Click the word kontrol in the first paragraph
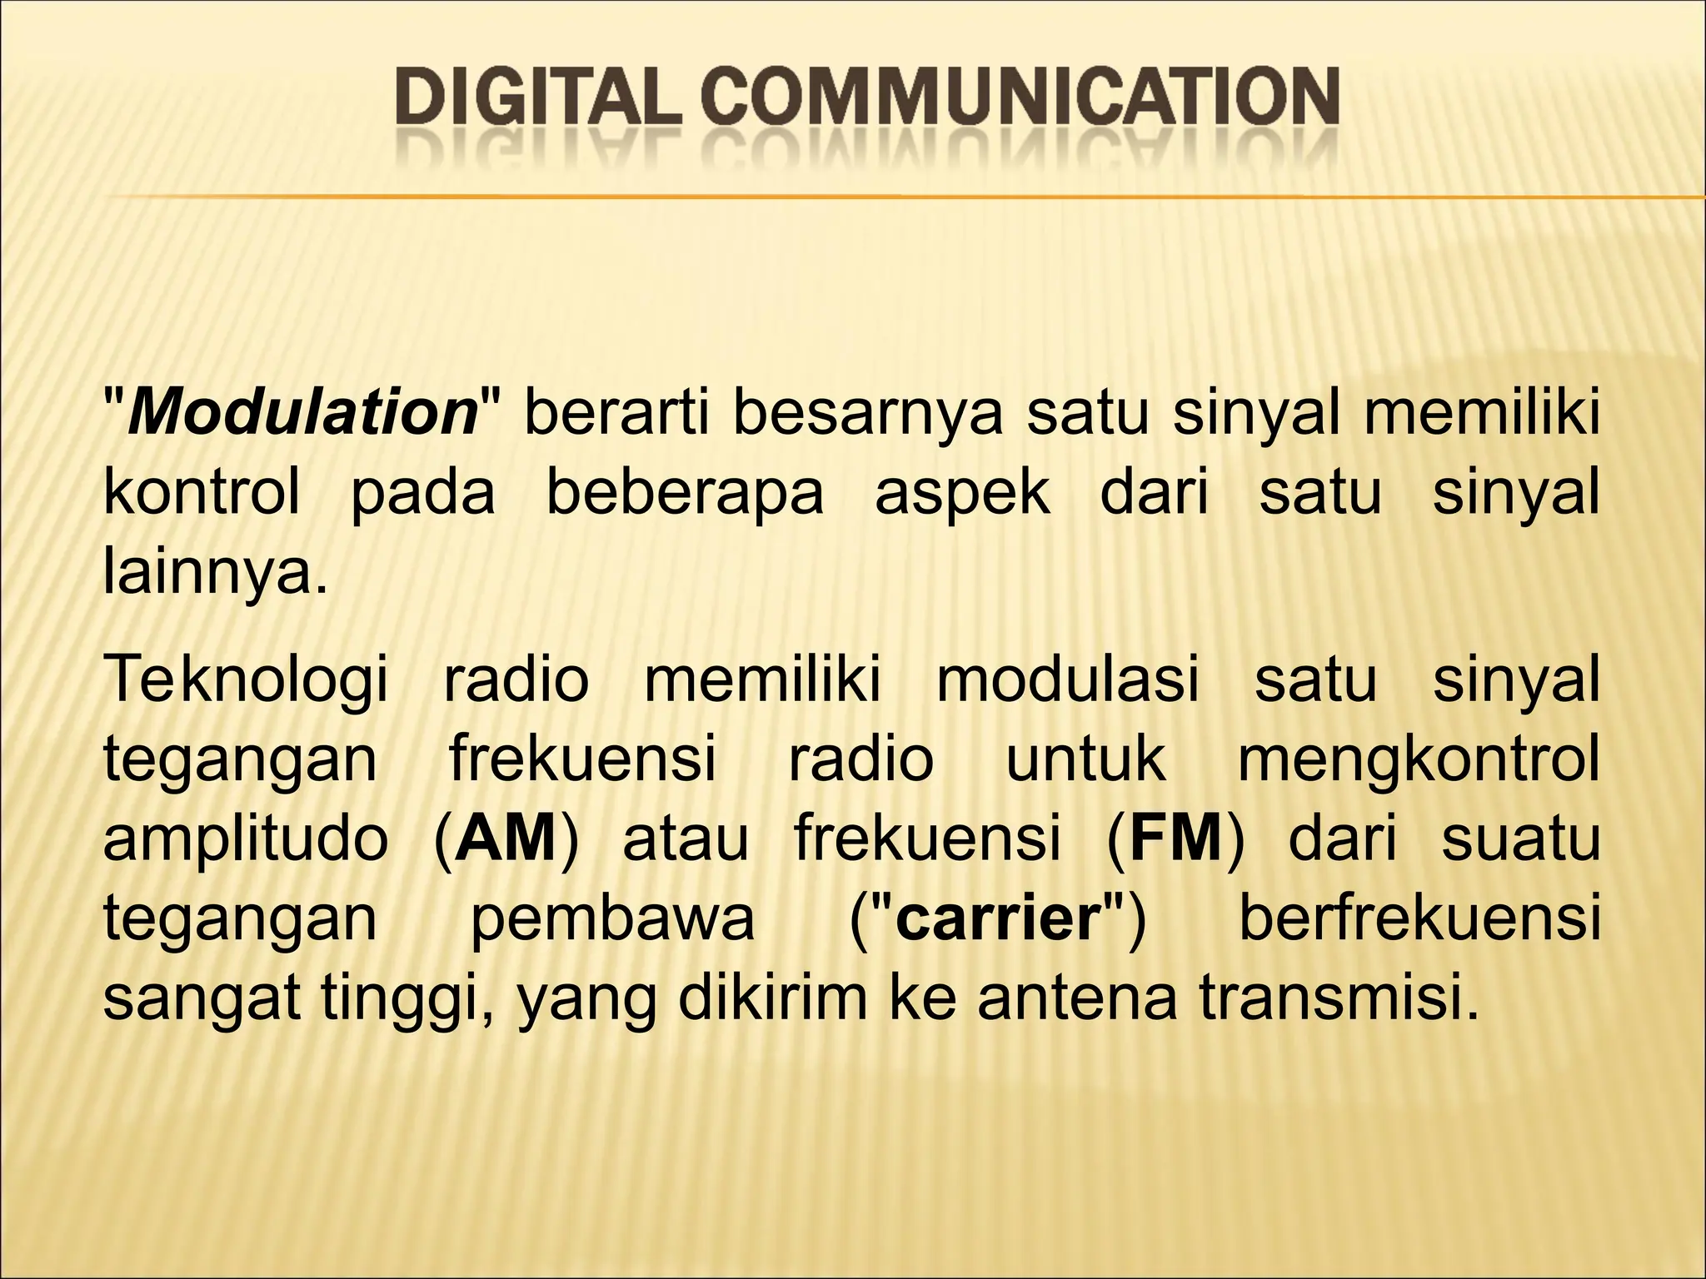click(201, 493)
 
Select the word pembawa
click(612, 918)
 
